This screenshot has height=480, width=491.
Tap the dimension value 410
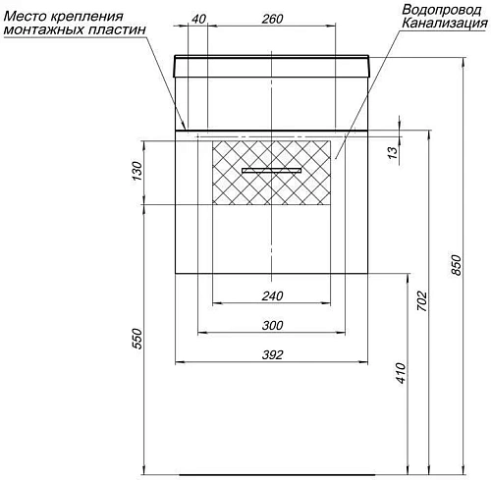pos(399,372)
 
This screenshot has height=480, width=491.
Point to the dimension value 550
pos(137,338)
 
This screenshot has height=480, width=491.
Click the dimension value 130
pos(137,174)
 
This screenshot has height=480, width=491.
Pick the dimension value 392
pos(273,355)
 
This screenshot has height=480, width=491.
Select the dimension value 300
pos(273,326)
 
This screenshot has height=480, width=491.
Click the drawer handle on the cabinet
pos(272,171)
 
